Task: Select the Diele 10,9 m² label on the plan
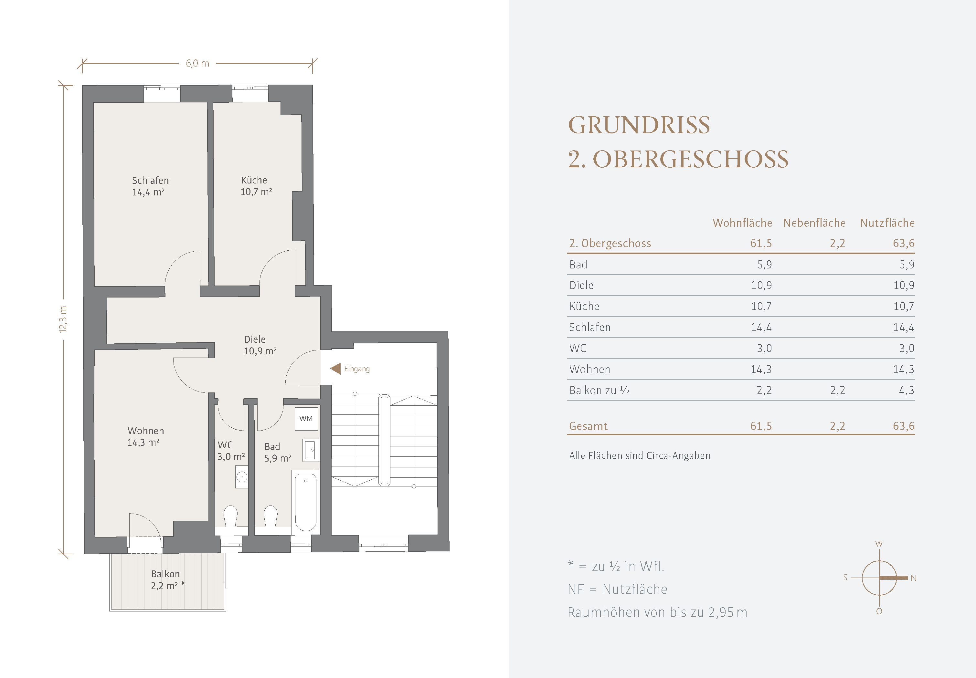coord(260,345)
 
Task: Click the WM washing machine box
coord(306,418)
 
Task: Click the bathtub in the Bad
coord(305,501)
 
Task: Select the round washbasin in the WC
coord(242,477)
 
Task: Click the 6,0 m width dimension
coord(197,64)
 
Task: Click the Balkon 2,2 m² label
coord(167,580)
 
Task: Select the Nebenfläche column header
coord(814,223)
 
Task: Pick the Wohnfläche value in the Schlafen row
coord(761,327)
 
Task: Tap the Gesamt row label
coord(588,426)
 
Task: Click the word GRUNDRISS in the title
coord(639,125)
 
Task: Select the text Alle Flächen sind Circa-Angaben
coord(640,455)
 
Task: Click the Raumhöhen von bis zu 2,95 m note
coord(657,612)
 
